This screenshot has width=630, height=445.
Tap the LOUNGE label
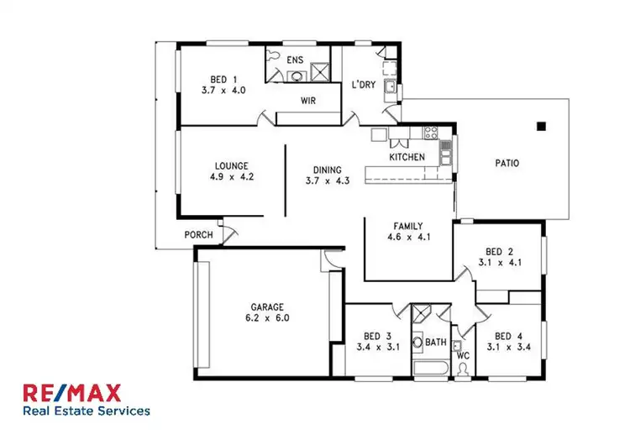[230, 166]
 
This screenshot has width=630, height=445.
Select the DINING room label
[327, 169]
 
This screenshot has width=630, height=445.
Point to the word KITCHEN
[407, 157]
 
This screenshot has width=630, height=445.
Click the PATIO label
[507, 163]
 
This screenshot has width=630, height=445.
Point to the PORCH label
[198, 235]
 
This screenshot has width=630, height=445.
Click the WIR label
[308, 100]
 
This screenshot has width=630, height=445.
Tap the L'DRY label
[364, 85]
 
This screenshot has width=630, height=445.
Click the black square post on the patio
[542, 127]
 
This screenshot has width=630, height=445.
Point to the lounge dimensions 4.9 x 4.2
[230, 178]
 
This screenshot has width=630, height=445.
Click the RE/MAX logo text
[72, 392]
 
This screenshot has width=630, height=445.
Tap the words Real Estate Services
[87, 411]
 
